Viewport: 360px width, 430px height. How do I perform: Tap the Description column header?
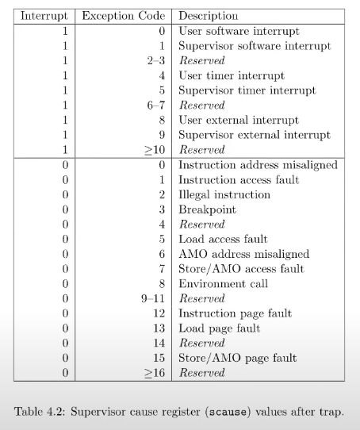click(x=208, y=16)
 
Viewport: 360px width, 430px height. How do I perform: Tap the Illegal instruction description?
click(x=224, y=194)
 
